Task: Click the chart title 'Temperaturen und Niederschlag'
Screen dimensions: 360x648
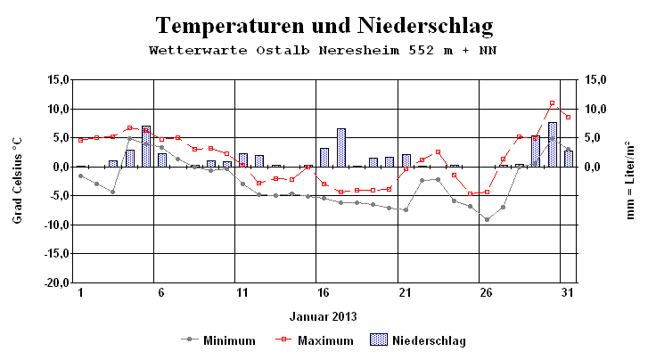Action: [324, 24]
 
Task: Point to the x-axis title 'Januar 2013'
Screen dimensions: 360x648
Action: [323, 315]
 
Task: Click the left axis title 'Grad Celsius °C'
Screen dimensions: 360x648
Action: [17, 180]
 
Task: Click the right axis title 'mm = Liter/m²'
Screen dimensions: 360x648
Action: [629, 180]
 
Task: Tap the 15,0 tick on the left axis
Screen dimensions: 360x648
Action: [57, 79]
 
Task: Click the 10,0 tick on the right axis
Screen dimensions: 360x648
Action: [594, 109]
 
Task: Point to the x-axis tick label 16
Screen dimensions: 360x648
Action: [324, 292]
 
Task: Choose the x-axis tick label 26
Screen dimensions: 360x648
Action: [486, 292]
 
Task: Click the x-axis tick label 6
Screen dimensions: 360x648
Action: [160, 292]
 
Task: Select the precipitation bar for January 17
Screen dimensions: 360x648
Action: [340, 148]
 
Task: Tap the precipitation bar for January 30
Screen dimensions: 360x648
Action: [552, 144]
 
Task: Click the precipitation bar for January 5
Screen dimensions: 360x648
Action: [145, 146]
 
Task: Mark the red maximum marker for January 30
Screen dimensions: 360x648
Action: [552, 103]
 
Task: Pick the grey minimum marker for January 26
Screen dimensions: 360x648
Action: [487, 219]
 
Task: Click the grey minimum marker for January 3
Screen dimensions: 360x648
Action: [112, 192]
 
